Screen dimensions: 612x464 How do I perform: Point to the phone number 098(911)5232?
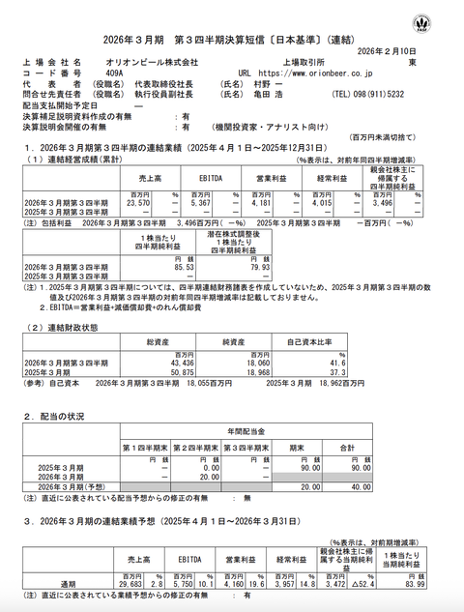point(391,95)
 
